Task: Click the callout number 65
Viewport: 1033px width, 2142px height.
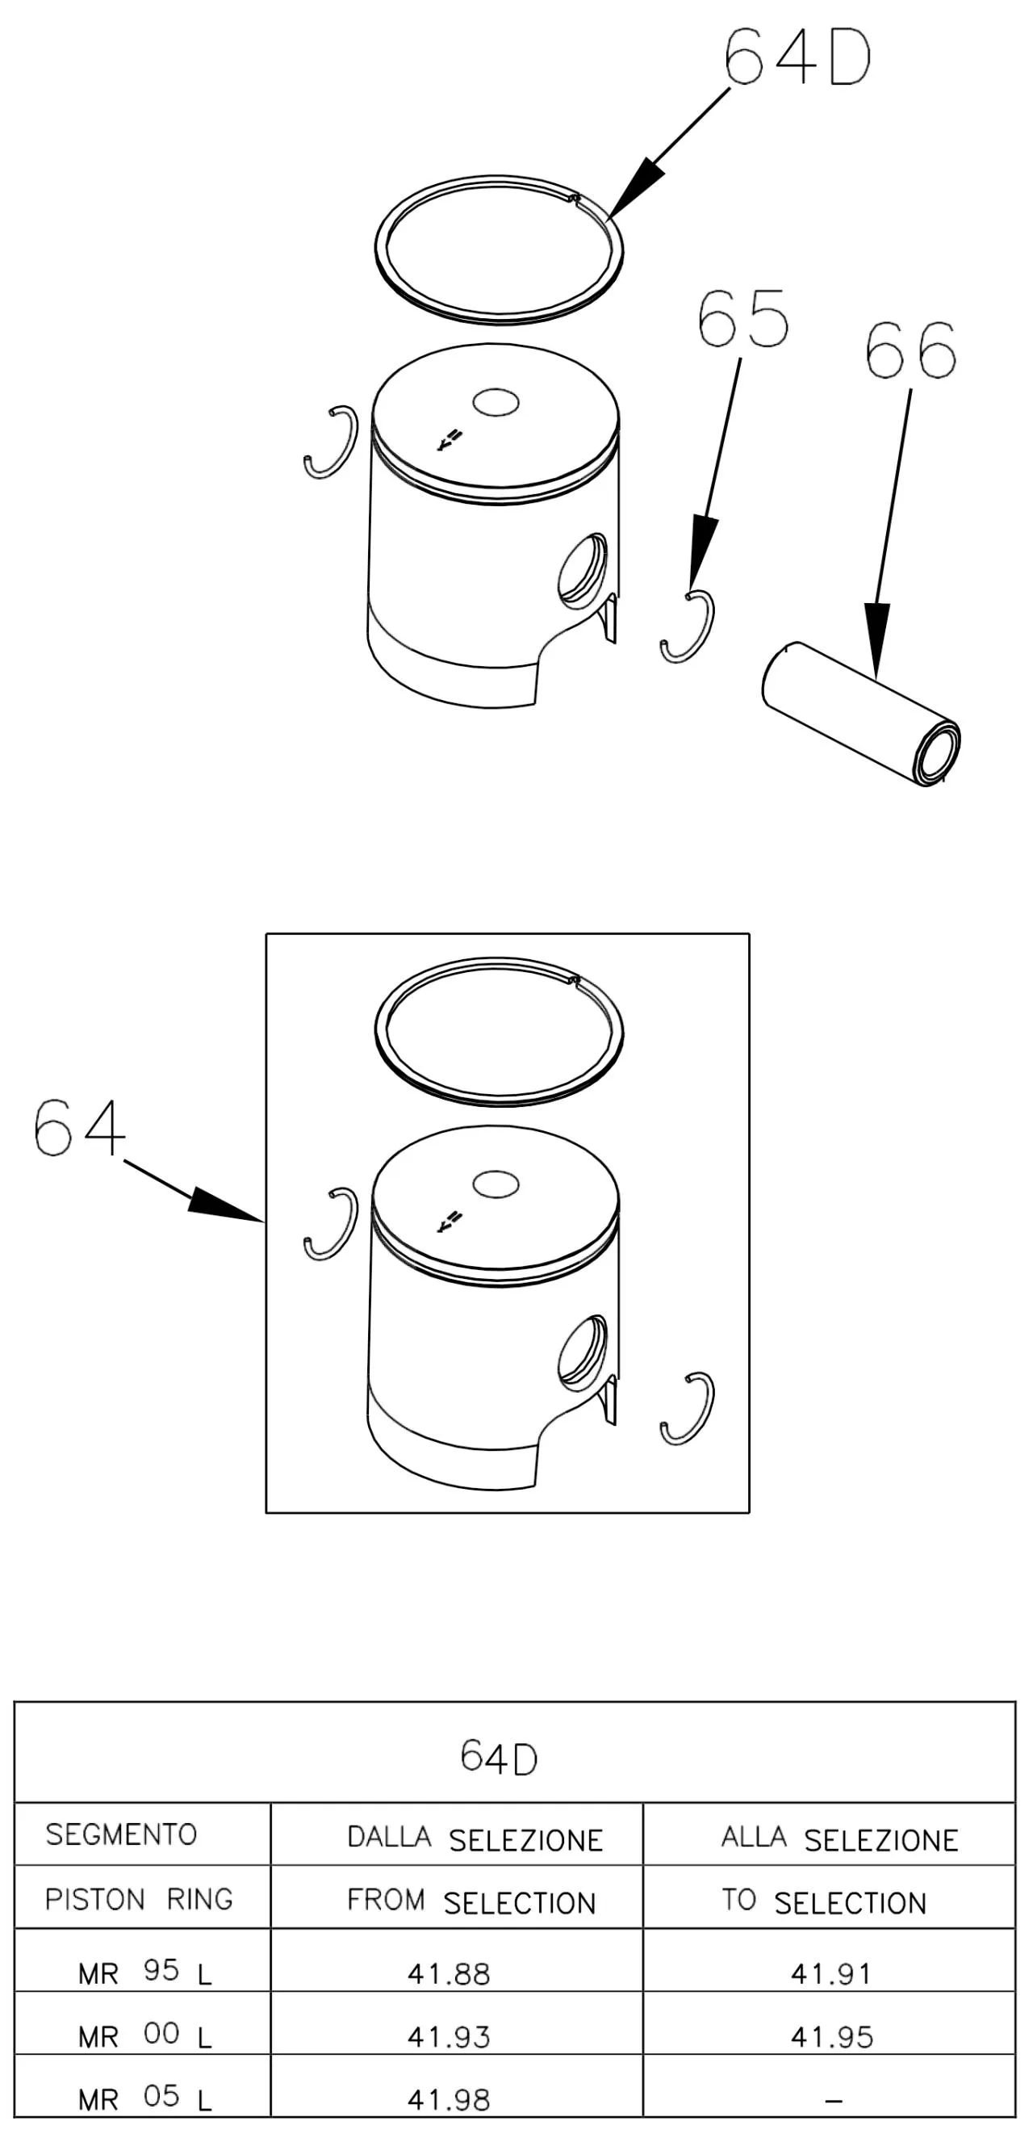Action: click(742, 318)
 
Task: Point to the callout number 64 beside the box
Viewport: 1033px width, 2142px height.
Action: click(80, 1128)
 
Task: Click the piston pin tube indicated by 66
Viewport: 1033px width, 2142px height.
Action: click(861, 714)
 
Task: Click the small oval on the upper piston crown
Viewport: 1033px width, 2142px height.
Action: click(496, 403)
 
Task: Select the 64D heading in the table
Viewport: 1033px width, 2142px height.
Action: click(499, 1758)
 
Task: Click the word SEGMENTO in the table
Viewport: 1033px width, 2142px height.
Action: click(121, 1834)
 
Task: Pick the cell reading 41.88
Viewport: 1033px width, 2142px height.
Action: click(449, 1974)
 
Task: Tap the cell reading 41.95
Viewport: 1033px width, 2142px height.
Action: click(832, 2037)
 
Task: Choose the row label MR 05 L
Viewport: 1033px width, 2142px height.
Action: click(145, 2098)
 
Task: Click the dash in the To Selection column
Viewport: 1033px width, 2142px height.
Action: click(834, 2102)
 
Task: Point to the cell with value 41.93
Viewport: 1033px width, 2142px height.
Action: click(449, 2037)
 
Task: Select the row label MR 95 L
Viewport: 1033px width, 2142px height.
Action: click(145, 1972)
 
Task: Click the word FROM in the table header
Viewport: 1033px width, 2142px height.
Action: click(386, 1900)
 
